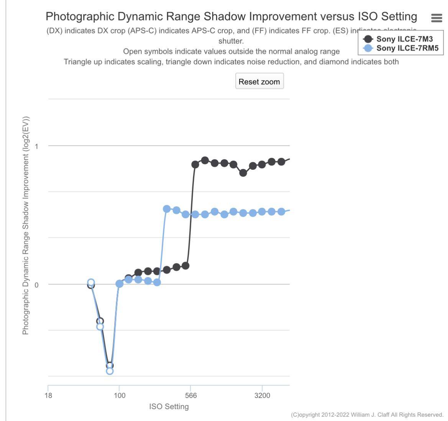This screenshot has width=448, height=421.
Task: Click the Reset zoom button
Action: click(259, 81)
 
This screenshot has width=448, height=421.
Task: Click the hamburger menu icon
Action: click(437, 18)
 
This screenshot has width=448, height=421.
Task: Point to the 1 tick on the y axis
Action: click(37, 146)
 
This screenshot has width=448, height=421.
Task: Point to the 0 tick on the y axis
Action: click(37, 285)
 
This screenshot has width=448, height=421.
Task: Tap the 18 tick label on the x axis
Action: click(48, 395)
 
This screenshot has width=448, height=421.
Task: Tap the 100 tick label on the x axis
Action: click(120, 395)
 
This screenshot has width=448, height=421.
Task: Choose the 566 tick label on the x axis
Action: click(190, 395)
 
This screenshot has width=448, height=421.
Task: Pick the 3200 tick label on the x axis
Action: click(262, 395)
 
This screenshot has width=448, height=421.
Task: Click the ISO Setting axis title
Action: click(169, 406)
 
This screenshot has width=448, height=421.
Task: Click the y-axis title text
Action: click(26, 225)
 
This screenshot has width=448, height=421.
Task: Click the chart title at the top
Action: click(231, 16)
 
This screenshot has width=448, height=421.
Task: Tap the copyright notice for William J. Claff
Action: click(367, 414)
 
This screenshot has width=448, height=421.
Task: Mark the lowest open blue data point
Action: click(110, 371)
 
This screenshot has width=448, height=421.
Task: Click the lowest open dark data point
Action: click(110, 365)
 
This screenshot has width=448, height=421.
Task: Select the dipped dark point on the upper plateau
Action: click(243, 173)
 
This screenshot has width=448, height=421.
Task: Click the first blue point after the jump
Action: click(167, 209)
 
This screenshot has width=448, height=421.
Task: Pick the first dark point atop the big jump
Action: click(195, 164)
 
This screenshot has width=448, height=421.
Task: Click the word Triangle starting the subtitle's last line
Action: click(78, 62)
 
